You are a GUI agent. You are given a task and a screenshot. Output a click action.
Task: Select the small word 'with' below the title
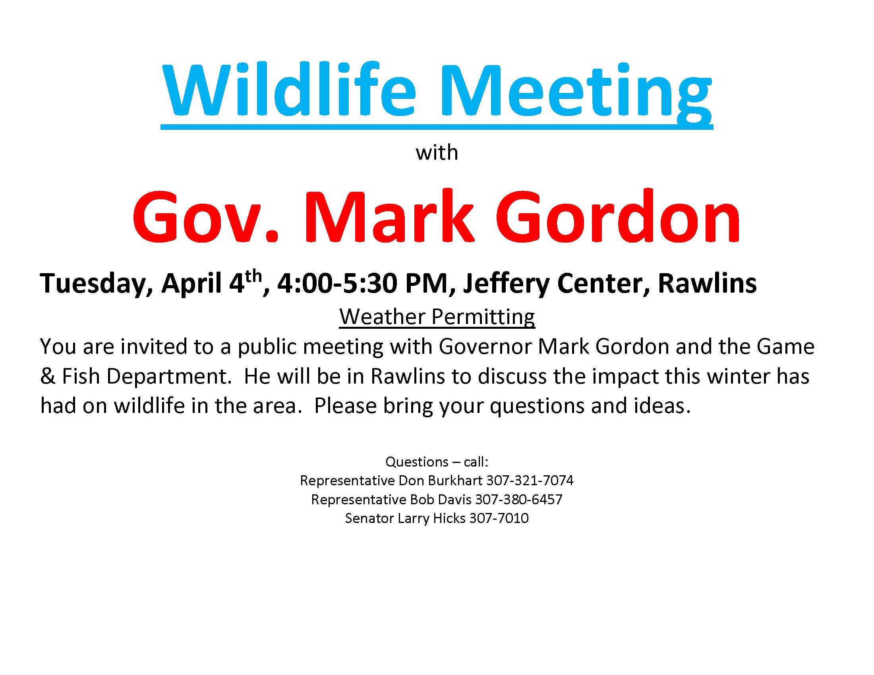[437, 153]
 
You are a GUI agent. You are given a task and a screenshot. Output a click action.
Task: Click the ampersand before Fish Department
[48, 377]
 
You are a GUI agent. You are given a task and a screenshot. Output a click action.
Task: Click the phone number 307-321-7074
[530, 480]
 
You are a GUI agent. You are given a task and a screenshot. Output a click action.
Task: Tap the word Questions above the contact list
[417, 462]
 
